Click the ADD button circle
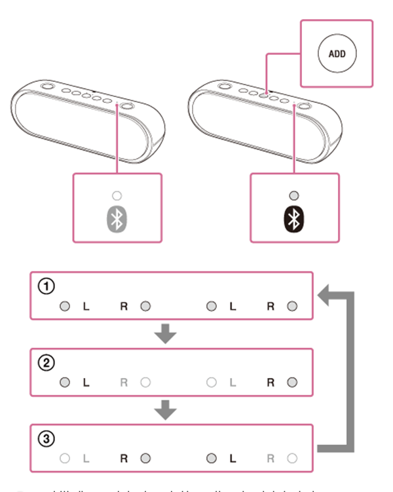point(335,54)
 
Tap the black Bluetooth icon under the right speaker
point(293,219)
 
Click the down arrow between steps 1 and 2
point(168,335)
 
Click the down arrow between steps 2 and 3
point(168,411)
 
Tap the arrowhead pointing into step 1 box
point(326,299)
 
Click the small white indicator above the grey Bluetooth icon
point(117,196)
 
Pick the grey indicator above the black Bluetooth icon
point(293,196)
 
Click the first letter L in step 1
point(85,306)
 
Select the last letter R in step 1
point(271,306)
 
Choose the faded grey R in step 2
point(124,382)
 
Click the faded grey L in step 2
point(231,382)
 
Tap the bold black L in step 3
point(231,458)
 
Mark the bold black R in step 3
point(124,458)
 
